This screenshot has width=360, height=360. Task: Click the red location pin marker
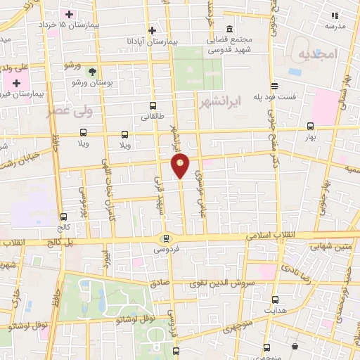click(181, 165)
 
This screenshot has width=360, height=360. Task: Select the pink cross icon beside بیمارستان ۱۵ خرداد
click(69, 15)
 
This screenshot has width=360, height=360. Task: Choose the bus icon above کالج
click(64, 217)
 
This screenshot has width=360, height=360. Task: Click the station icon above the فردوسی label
click(166, 238)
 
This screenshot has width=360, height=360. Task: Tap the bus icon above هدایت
click(275, 299)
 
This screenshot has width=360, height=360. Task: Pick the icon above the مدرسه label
click(335, 15)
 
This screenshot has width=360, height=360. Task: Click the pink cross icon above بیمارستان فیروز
click(16, 83)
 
